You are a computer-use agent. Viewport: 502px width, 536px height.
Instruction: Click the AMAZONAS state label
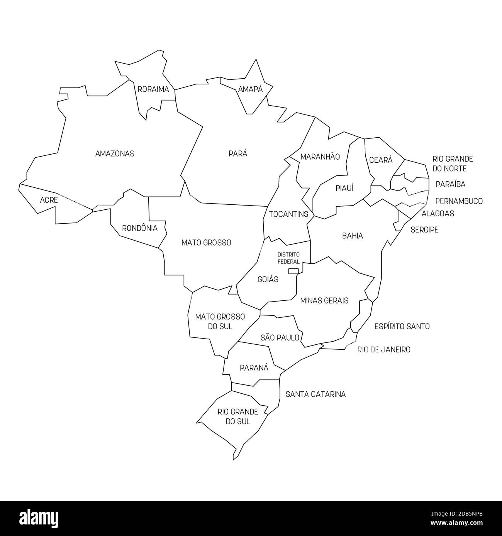click(x=115, y=153)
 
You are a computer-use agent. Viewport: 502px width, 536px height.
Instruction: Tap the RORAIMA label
click(x=153, y=89)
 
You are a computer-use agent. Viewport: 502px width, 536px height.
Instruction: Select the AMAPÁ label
click(x=250, y=89)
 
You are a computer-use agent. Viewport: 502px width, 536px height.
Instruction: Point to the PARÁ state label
click(x=238, y=153)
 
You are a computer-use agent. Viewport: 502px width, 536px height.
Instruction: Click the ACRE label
click(x=49, y=200)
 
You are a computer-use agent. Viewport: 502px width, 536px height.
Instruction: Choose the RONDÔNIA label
click(x=140, y=228)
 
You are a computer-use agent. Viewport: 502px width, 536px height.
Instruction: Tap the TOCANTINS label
click(x=288, y=214)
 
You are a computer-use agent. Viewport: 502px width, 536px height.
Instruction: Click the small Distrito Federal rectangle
click(x=293, y=271)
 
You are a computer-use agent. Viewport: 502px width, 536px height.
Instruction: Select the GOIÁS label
click(x=268, y=279)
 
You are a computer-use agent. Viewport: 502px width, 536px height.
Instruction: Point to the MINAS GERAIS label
click(x=324, y=300)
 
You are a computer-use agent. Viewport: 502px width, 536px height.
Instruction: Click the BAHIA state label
click(x=353, y=236)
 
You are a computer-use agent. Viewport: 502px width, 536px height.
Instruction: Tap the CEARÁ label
click(x=381, y=160)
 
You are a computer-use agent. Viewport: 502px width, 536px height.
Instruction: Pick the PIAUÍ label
click(x=344, y=188)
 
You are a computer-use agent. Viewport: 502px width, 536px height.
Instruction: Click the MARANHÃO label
click(x=320, y=157)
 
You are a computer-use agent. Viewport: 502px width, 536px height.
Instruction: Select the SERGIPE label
click(x=424, y=230)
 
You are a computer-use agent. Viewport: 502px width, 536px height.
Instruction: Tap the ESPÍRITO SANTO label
click(x=402, y=327)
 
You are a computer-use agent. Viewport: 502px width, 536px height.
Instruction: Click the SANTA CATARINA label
click(x=315, y=394)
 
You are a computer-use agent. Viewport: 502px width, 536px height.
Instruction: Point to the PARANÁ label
click(x=254, y=367)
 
